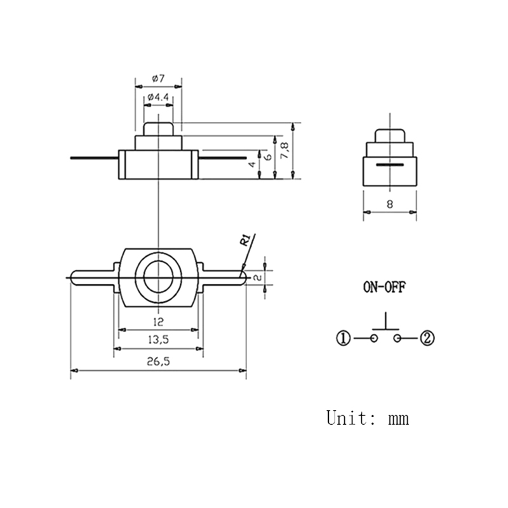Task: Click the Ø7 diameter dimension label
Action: pos(158,78)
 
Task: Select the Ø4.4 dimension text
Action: pos(158,97)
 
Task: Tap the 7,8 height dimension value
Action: pos(284,150)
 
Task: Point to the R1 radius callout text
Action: pos(245,240)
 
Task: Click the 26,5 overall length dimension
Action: pos(158,361)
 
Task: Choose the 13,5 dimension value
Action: pos(158,340)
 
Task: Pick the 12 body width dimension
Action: pos(158,322)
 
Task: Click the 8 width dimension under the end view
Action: pos(390,204)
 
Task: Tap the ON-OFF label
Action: pos(384,287)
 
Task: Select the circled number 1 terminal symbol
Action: pos(344,338)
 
